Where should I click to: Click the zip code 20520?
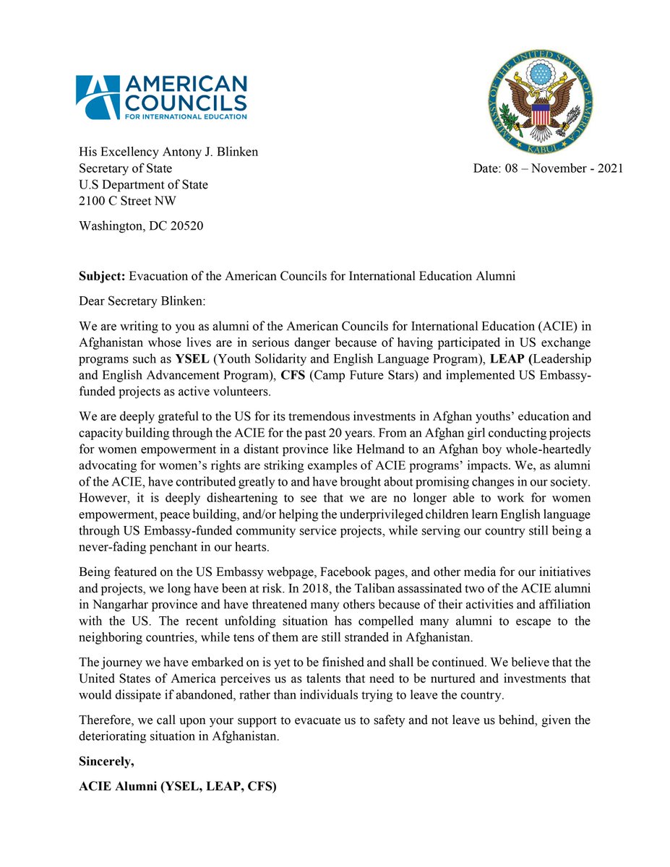[x=184, y=225]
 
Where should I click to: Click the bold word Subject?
[x=102, y=277]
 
